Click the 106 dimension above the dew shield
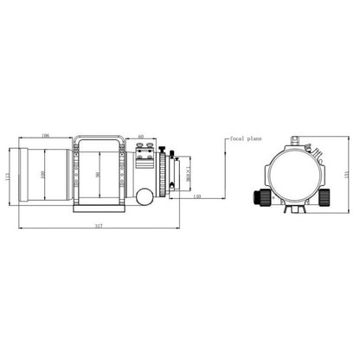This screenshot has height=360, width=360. click(43, 136)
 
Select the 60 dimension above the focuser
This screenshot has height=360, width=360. click(140, 136)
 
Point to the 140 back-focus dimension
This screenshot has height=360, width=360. click(196, 197)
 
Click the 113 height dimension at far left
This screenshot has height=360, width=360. click(8, 177)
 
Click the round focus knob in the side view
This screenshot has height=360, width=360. click(140, 197)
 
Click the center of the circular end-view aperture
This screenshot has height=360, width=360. click(292, 172)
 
